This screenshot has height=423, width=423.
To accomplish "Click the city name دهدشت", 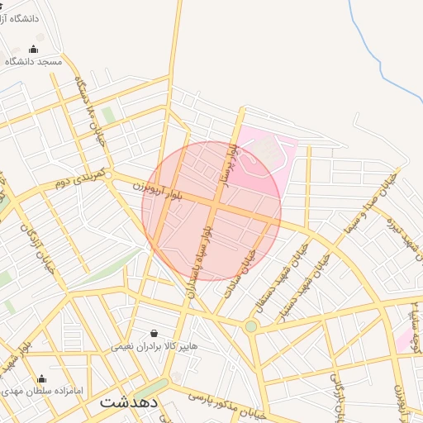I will tap(129, 402).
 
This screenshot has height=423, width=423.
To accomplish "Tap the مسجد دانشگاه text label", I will tap(34, 61).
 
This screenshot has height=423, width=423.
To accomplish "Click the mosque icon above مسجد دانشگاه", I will tap(33, 48).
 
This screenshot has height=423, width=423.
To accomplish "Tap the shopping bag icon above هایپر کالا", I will tap(154, 333).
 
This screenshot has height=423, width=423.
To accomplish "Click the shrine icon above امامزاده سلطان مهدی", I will tap(41, 378).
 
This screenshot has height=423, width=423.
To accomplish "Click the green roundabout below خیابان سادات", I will tap(250, 327).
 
